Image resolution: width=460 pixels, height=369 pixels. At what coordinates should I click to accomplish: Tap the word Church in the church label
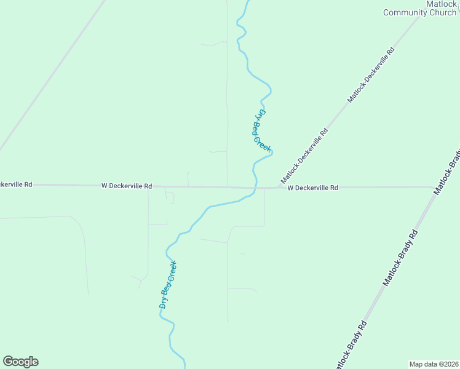(x=443, y=12)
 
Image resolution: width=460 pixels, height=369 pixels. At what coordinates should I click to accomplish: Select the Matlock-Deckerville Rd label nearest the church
(x=371, y=74)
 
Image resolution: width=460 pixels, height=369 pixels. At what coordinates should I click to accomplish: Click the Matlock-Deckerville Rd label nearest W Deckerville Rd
(x=305, y=156)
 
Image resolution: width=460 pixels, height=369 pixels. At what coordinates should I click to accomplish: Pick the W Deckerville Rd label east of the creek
(x=312, y=188)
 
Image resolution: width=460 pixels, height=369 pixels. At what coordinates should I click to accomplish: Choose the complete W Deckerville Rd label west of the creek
(x=127, y=185)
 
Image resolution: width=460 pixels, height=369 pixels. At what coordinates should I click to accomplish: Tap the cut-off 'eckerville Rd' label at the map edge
(x=16, y=184)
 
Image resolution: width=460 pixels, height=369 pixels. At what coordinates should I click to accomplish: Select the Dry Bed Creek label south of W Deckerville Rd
(x=168, y=285)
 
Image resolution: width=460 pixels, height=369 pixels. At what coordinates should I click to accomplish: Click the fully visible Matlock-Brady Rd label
(x=401, y=258)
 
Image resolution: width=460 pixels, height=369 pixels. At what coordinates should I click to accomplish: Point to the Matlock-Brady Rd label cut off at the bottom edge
(x=350, y=345)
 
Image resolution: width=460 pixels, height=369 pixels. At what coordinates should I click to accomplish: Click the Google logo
(x=20, y=362)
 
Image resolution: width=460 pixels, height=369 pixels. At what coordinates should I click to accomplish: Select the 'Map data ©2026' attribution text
(x=434, y=363)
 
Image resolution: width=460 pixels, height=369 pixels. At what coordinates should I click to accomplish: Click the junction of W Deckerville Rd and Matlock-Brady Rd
(x=434, y=187)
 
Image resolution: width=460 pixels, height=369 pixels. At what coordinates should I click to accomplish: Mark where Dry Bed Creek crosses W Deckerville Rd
(x=255, y=187)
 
